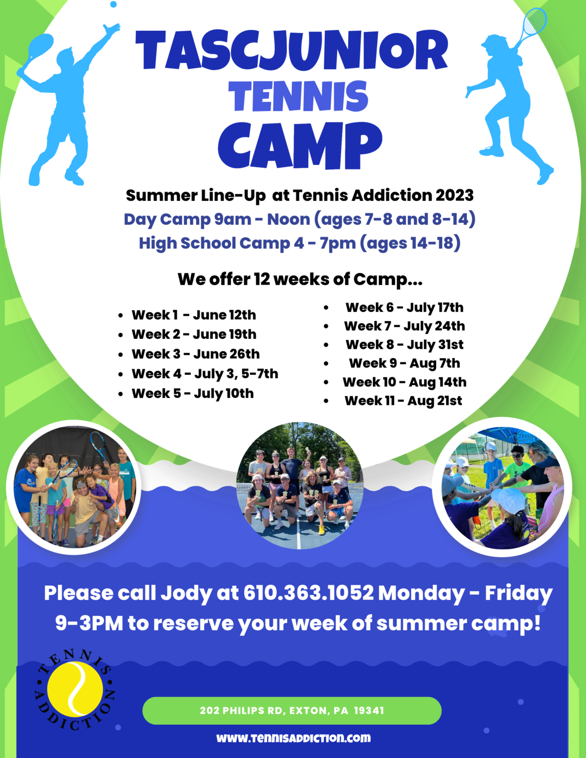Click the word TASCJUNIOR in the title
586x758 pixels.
(x=292, y=51)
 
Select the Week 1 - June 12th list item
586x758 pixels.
(x=194, y=315)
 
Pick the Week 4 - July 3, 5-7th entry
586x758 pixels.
(x=205, y=374)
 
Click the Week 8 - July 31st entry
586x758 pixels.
(x=404, y=345)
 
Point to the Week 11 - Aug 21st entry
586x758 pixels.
(x=403, y=401)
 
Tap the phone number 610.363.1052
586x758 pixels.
(x=308, y=593)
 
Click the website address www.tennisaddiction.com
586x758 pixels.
(x=293, y=738)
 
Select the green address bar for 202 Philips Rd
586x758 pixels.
(x=292, y=711)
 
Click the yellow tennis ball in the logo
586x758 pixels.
(x=75, y=690)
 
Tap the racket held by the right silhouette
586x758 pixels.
(x=530, y=23)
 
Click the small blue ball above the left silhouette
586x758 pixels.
(x=113, y=4)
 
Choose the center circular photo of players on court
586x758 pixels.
(x=300, y=486)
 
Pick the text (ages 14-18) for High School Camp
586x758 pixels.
(x=410, y=244)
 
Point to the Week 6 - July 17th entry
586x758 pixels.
(x=404, y=308)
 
